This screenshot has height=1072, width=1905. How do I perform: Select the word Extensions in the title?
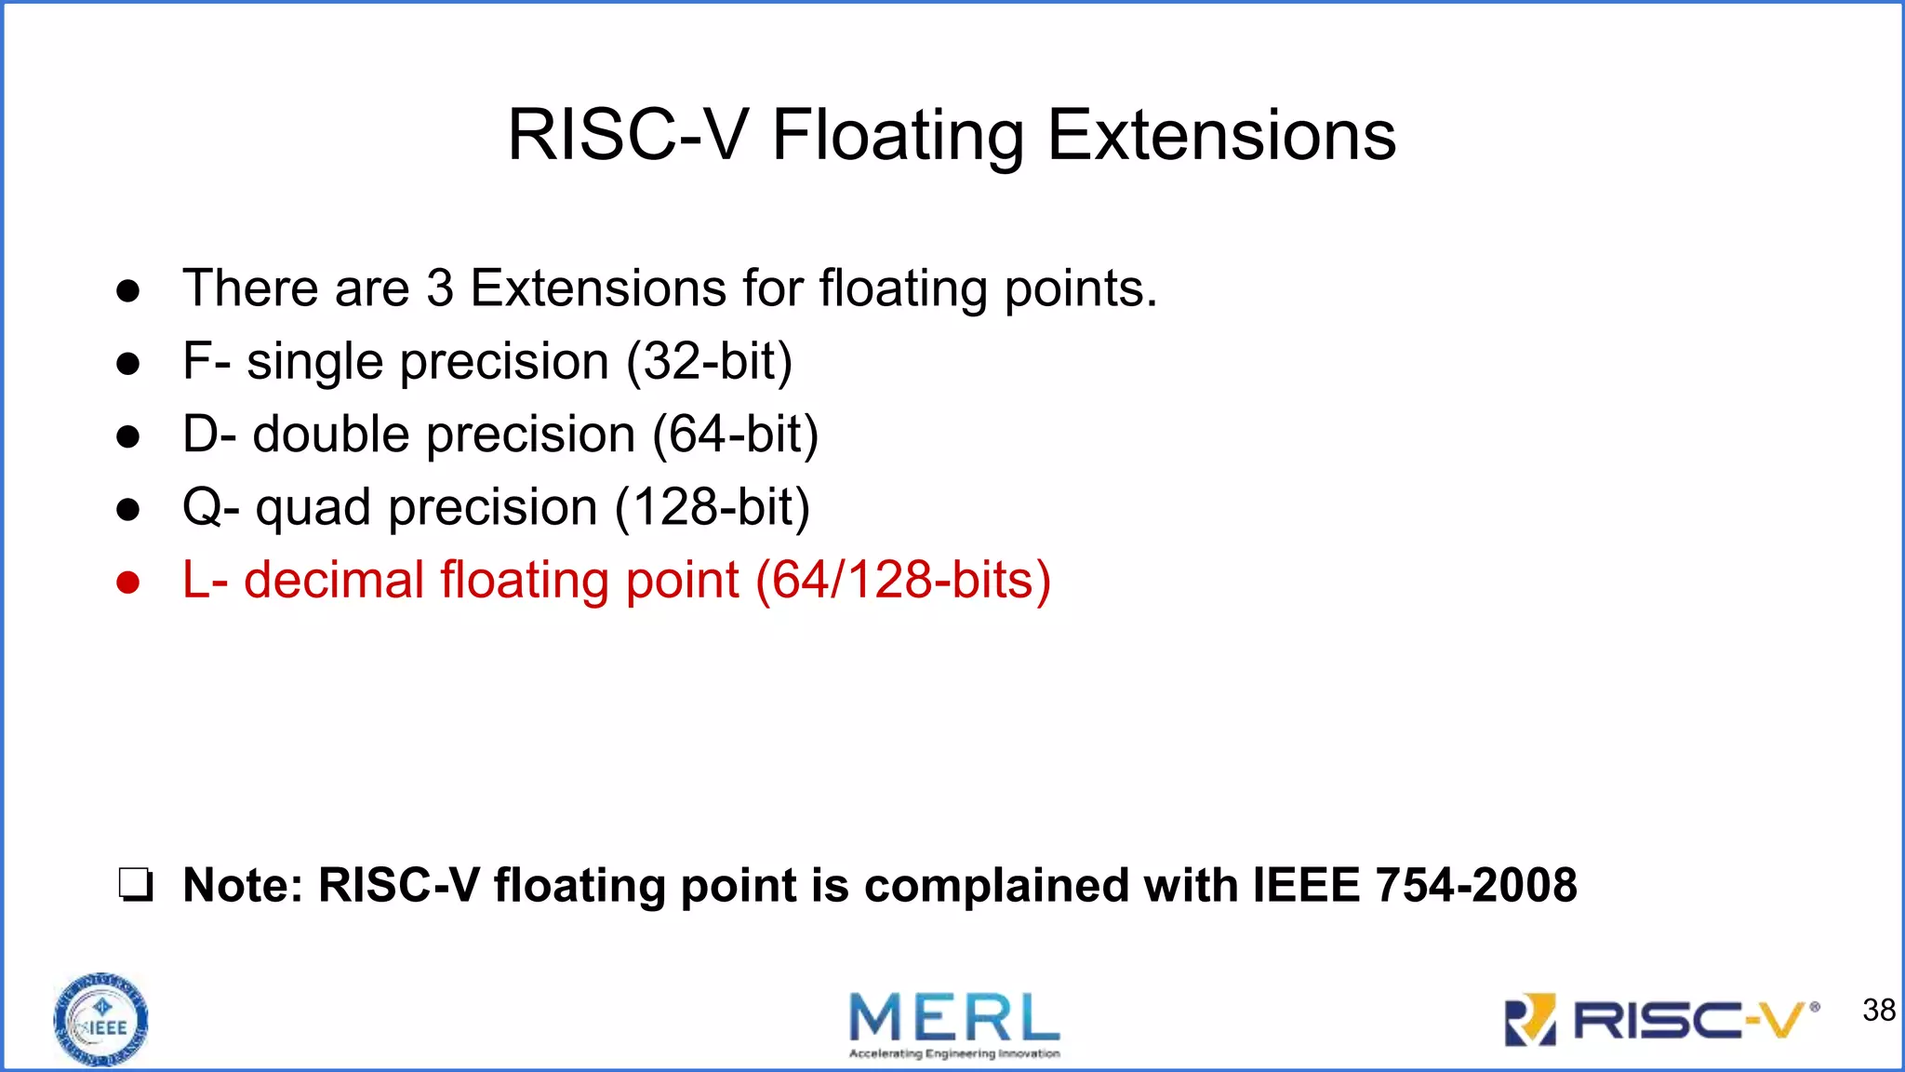coord(1221,135)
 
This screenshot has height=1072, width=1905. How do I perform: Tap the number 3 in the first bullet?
coord(440,288)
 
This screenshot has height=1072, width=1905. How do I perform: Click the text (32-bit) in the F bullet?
coord(710,361)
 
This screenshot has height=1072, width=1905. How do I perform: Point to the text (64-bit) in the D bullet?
coord(736,435)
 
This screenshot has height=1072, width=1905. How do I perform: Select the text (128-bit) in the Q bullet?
coord(713,507)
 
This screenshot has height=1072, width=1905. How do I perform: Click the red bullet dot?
coord(128,583)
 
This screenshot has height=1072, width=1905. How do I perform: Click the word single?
coord(314,363)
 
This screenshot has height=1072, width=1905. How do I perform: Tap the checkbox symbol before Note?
coord(135,885)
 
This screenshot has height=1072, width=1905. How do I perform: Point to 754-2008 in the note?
coord(1475,884)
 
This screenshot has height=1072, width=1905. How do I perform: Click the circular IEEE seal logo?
coord(100,1020)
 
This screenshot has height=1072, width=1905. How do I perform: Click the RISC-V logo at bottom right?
coord(1661,1021)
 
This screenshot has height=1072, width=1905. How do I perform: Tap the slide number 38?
coord(1878,1010)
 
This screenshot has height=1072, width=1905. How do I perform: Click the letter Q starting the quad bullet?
coord(200,507)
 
